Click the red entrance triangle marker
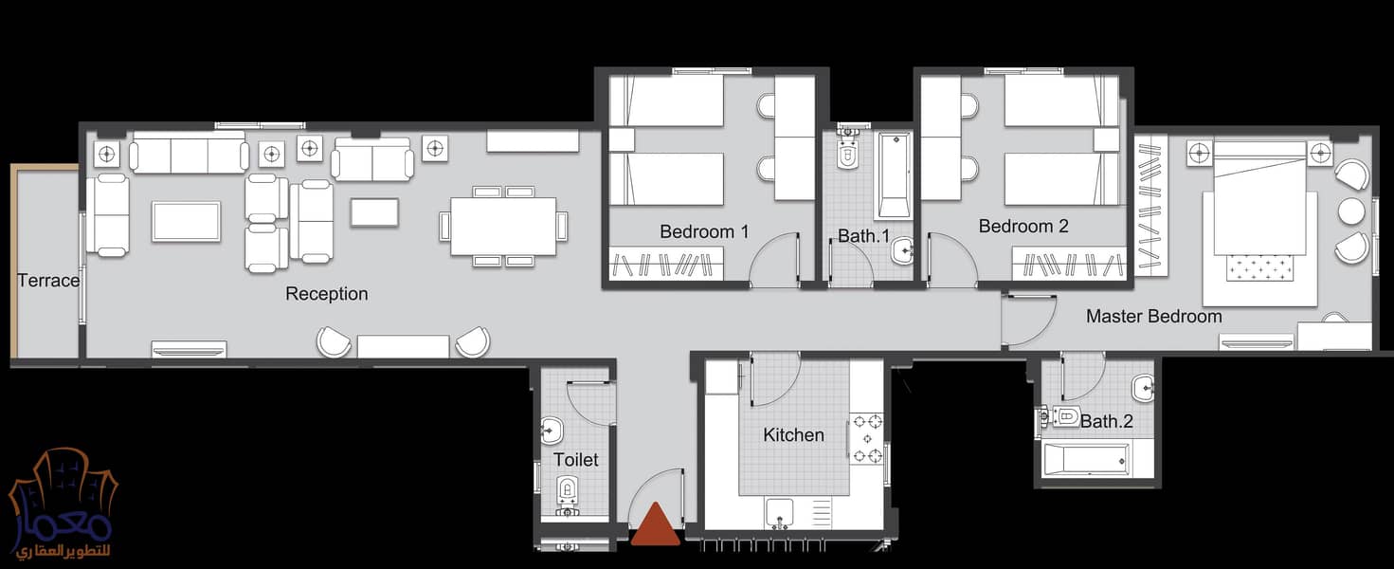[656, 524]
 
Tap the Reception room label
[327, 294]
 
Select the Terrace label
[48, 281]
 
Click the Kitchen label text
[793, 434]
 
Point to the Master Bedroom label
[1154, 316]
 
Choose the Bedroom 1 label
[704, 231]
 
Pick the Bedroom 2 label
[1023, 226]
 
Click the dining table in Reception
[503, 226]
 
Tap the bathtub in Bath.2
[1086, 460]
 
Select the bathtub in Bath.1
[895, 174]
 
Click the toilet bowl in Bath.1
[847, 152]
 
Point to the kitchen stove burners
[867, 439]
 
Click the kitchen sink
[780, 514]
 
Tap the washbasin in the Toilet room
[552, 431]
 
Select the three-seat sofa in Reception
[190, 154]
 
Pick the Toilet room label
[575, 460]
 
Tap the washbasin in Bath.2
[1143, 390]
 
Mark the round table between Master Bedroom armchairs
[1351, 211]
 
